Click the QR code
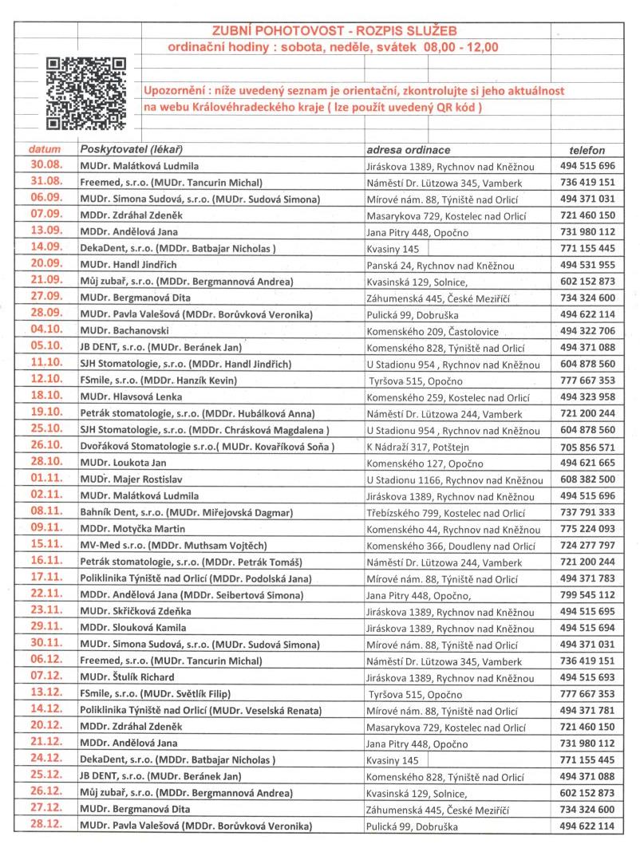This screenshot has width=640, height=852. [85, 93]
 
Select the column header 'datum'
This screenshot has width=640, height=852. [45, 150]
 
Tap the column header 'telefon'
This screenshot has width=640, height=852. [587, 150]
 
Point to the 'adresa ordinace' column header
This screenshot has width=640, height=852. [408, 150]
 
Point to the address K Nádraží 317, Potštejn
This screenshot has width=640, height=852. [421, 446]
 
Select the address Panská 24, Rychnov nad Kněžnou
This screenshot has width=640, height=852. [446, 264]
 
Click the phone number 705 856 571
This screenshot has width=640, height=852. [587, 446]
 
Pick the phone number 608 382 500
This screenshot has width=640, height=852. [587, 479]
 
